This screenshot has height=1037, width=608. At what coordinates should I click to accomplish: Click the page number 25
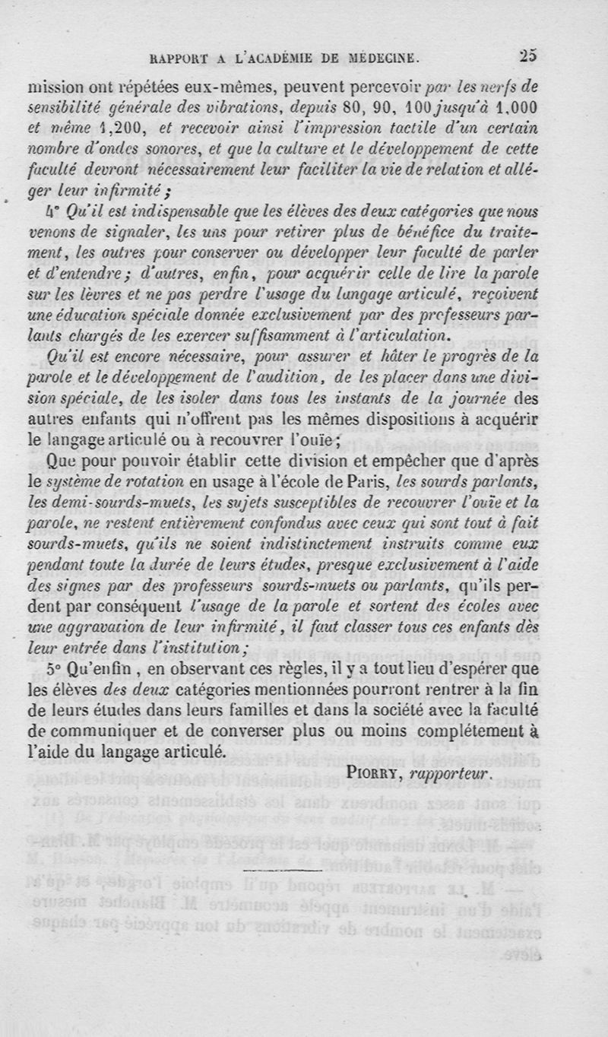528,55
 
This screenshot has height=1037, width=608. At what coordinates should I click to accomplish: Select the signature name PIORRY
375,773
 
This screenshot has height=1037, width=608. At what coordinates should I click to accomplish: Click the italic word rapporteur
450,773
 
